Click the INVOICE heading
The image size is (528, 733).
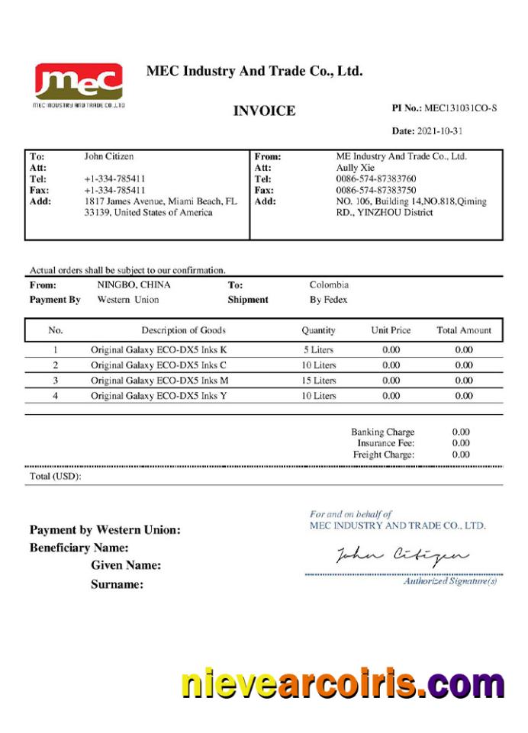(264, 111)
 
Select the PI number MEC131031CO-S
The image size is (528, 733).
(460, 108)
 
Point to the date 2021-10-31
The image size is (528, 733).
(439, 131)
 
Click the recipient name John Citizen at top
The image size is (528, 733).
(109, 156)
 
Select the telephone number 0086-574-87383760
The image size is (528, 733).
(376, 178)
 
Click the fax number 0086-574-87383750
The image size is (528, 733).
(376, 190)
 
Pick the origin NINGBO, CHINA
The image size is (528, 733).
(134, 285)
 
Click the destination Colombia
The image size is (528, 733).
(329, 285)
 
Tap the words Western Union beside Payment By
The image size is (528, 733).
(128, 300)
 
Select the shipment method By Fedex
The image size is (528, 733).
(328, 300)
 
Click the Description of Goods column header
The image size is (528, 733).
(183, 330)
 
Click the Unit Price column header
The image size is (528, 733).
(391, 330)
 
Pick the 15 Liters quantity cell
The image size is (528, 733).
(318, 380)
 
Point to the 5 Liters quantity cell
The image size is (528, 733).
(318, 349)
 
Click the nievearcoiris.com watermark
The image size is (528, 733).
(343, 683)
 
